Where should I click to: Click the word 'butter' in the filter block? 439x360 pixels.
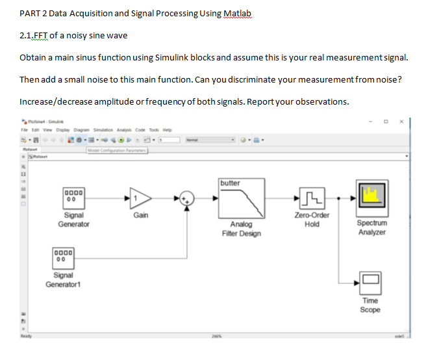click(230, 183)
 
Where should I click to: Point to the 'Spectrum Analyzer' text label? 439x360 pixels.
click(371, 227)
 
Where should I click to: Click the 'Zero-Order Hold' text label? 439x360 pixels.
click(312, 220)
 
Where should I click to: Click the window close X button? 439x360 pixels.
click(401, 122)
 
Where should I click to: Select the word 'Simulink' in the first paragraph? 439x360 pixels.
click(171, 58)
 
